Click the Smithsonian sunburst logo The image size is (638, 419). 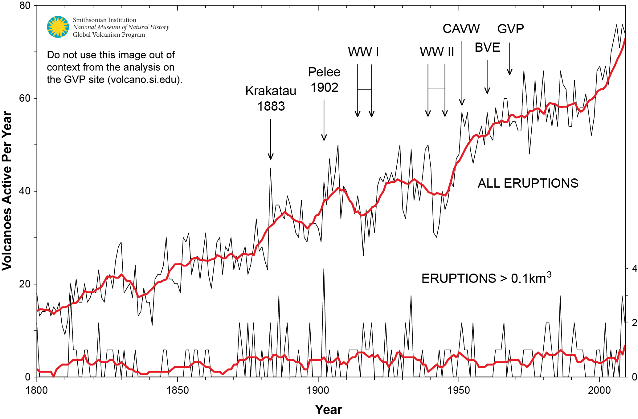pyautogui.click(x=58, y=27)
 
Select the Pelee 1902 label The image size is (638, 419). pyautogui.click(x=324, y=80)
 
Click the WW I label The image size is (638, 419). pyautogui.click(x=363, y=52)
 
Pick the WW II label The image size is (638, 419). pyautogui.click(x=437, y=52)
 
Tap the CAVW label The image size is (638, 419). pyautogui.click(x=461, y=29)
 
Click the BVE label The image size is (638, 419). pyautogui.click(x=487, y=47)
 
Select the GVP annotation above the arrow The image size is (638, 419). pyautogui.click(x=510, y=29)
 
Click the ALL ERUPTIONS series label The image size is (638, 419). pyautogui.click(x=528, y=183)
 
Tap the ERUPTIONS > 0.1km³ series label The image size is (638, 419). pyautogui.click(x=486, y=278)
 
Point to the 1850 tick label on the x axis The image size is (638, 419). pyautogui.click(x=178, y=390)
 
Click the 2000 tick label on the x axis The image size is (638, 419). pyautogui.click(x=599, y=390)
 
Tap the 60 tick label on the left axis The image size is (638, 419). pyautogui.click(x=25, y=98)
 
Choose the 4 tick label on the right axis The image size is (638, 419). pyautogui.click(x=634, y=269)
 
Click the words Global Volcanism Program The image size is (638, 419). pyautogui.click(x=109, y=35)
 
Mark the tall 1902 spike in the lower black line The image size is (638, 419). pyautogui.click(x=324, y=270)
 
